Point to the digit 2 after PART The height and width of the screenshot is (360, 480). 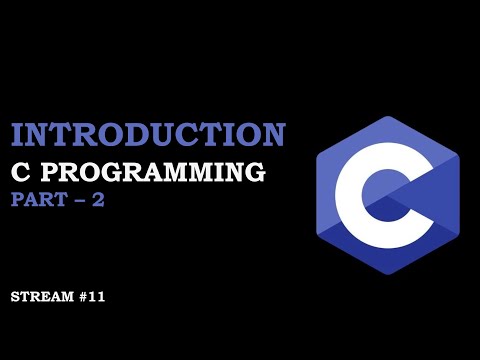tap(97, 199)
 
